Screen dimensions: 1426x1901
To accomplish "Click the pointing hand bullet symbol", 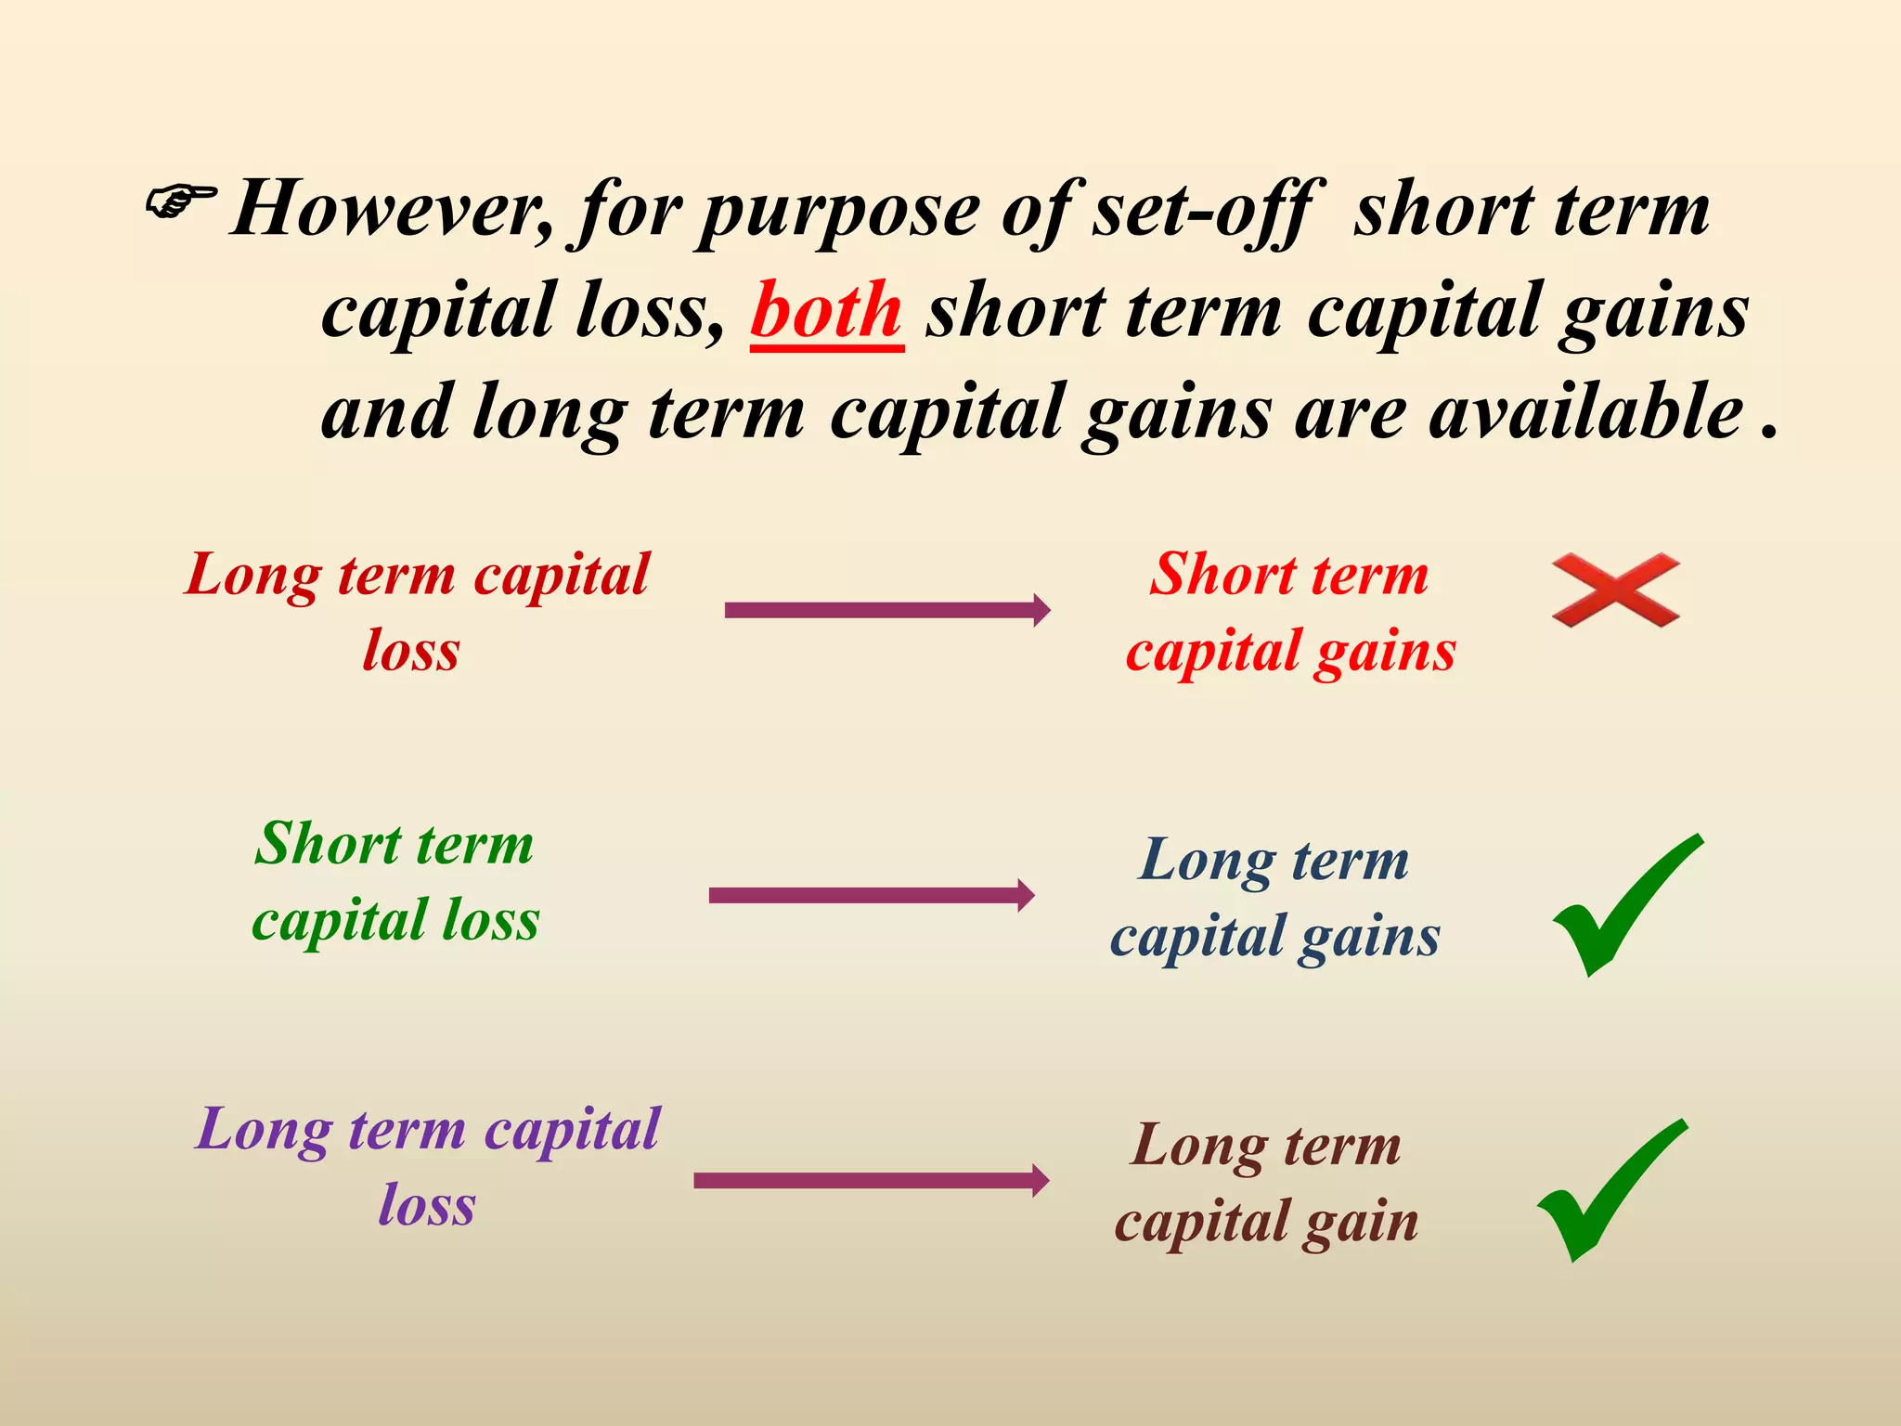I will [x=180, y=201].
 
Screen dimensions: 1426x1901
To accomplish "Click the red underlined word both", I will [x=826, y=311].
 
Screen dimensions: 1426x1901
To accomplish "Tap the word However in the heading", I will [x=390, y=210].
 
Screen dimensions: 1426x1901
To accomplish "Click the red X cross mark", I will [x=1615, y=590].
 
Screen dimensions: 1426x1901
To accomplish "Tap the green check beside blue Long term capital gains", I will [x=1626, y=905].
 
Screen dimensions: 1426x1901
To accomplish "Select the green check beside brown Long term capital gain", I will [x=1611, y=1190].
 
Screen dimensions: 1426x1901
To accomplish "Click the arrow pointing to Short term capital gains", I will [x=887, y=610].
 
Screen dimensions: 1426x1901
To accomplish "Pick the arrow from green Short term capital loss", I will [x=872, y=895].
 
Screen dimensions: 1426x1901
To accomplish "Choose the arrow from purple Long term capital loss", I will [x=872, y=1180].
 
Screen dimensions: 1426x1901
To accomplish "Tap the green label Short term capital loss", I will [x=395, y=881].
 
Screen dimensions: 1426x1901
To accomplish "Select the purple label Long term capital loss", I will [x=427, y=1166].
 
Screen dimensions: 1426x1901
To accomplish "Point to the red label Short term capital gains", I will [x=1290, y=612].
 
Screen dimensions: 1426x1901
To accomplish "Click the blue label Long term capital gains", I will [x=1274, y=898].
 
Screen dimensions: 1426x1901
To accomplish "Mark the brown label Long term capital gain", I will [x=1267, y=1183].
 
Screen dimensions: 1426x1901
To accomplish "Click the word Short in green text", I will [x=329, y=844].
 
